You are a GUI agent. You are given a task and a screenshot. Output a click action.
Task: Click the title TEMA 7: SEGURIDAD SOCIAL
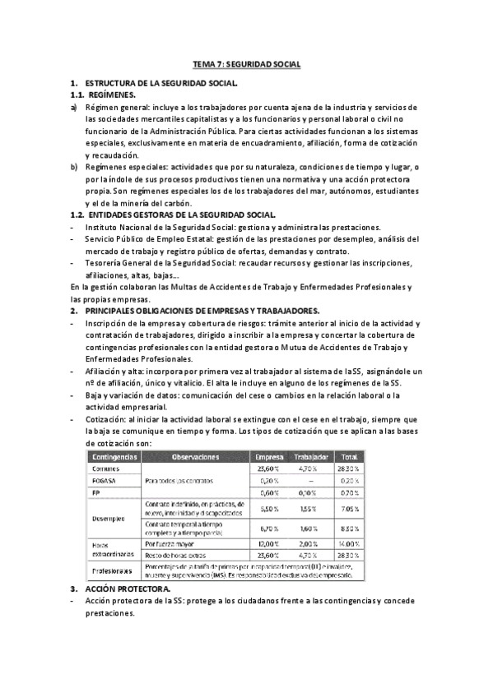[x=246, y=63]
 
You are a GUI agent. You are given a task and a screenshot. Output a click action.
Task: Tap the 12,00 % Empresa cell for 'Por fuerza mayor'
[x=269, y=543]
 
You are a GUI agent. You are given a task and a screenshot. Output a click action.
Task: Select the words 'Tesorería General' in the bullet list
[x=119, y=262]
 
